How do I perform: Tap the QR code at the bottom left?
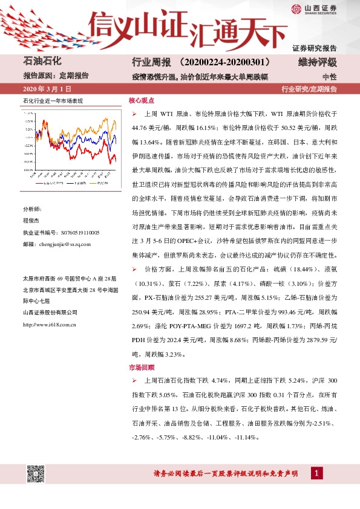coord(36,475)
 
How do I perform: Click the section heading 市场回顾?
coord(142,367)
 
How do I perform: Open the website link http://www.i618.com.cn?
coord(50,325)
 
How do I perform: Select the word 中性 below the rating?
coord(330,77)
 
